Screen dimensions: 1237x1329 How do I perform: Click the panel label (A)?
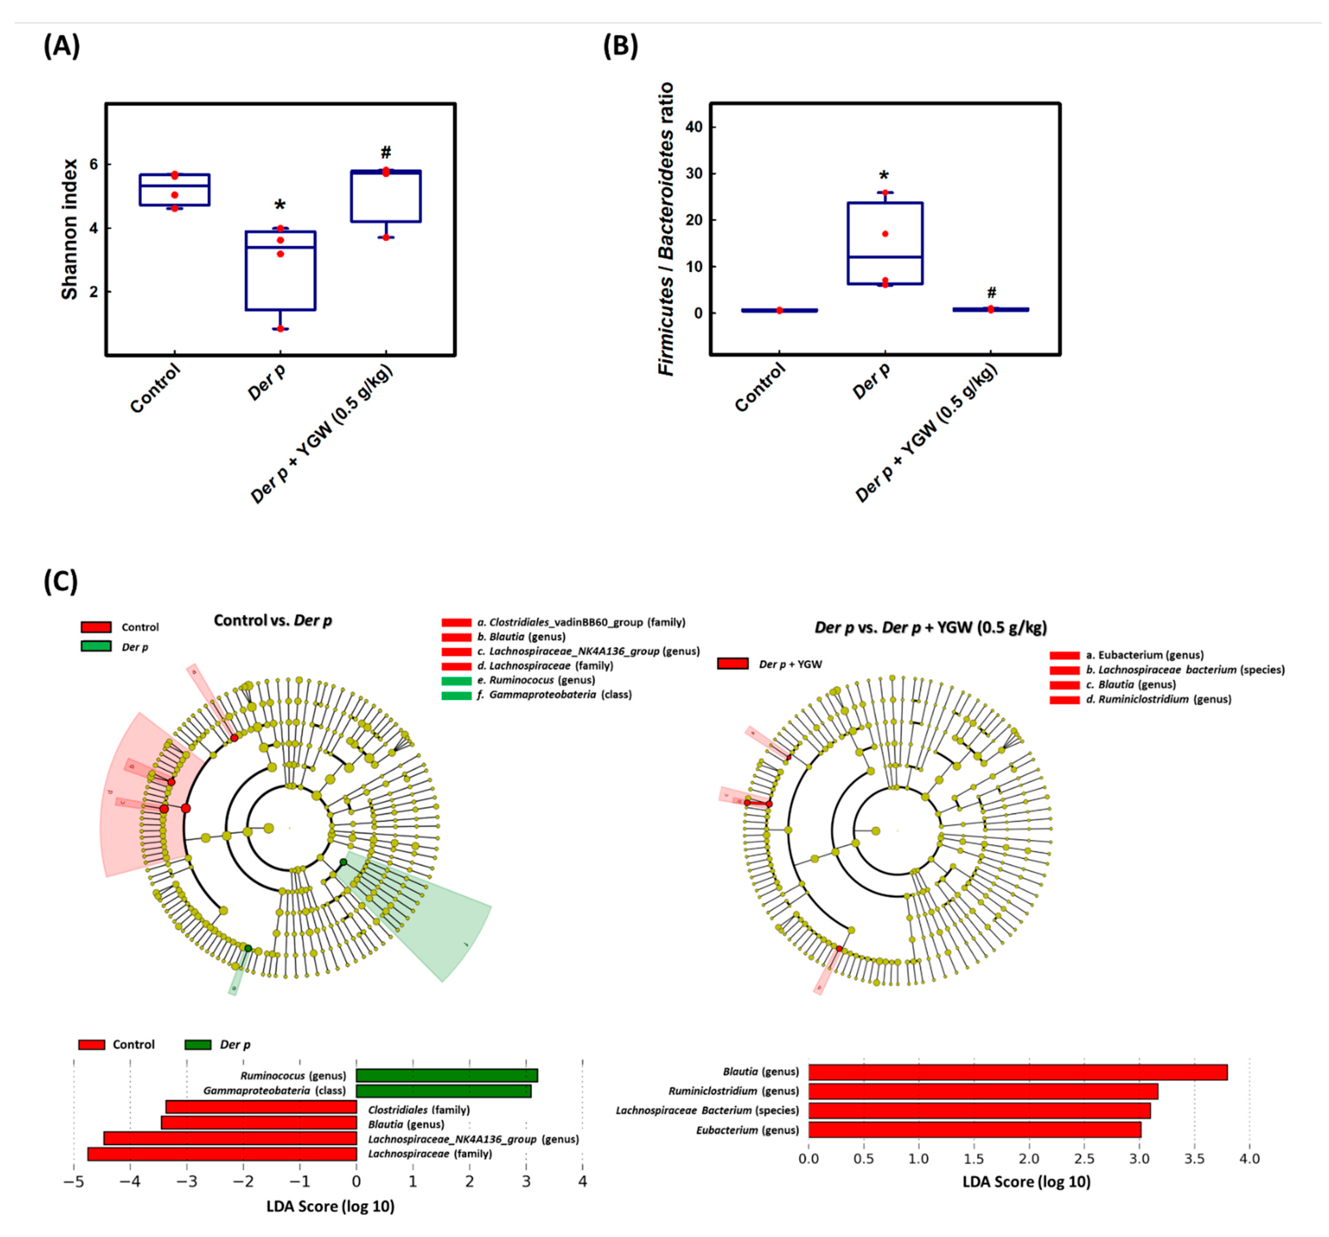point(62,47)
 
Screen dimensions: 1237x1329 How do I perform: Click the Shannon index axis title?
point(70,229)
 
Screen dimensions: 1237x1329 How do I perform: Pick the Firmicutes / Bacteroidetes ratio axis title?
point(666,229)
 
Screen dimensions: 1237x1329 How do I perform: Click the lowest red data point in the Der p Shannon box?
point(280,328)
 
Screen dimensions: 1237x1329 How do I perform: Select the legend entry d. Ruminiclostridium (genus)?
point(1159,699)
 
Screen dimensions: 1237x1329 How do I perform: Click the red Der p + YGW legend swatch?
point(733,664)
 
